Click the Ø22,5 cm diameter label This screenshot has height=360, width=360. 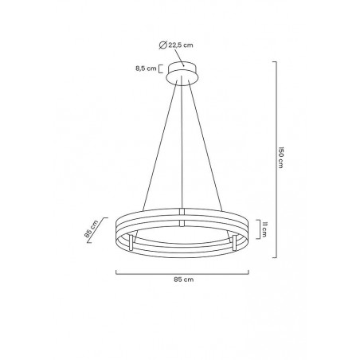click(185, 45)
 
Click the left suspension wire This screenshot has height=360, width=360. click(159, 143)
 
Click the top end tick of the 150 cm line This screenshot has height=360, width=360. click(275, 61)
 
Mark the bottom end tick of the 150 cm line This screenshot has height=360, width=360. click(275, 256)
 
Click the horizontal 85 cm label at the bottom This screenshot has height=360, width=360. click(184, 280)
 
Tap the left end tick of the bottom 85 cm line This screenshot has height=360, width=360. click(117, 272)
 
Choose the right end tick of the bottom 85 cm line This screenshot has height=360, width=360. click(250, 272)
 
